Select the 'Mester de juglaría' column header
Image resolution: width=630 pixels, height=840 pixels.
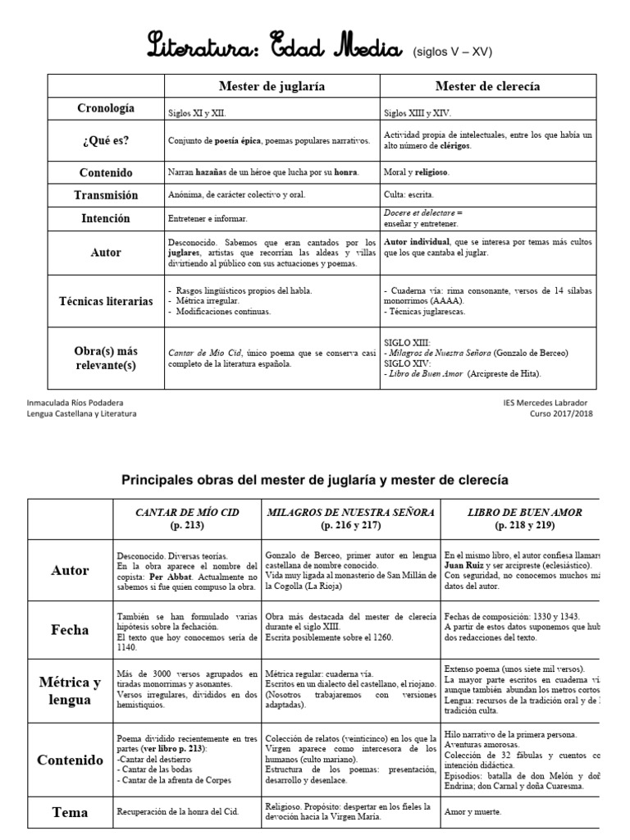tap(272, 85)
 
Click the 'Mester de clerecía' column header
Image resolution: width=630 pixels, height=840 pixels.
tap(487, 85)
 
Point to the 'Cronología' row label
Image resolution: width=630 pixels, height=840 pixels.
tap(106, 108)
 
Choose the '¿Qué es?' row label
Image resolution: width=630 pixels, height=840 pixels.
tap(106, 140)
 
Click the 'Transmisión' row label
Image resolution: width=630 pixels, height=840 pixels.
tap(106, 195)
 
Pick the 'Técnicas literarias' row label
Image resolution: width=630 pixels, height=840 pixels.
tap(106, 301)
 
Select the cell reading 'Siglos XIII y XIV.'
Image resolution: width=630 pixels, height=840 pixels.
tap(418, 114)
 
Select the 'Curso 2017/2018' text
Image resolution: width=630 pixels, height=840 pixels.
tap(561, 413)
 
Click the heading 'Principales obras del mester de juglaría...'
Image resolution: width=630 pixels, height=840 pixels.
tap(315, 479)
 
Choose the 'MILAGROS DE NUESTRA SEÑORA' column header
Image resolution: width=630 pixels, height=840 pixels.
tap(350, 518)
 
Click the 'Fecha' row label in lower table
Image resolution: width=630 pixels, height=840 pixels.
tap(70, 629)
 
